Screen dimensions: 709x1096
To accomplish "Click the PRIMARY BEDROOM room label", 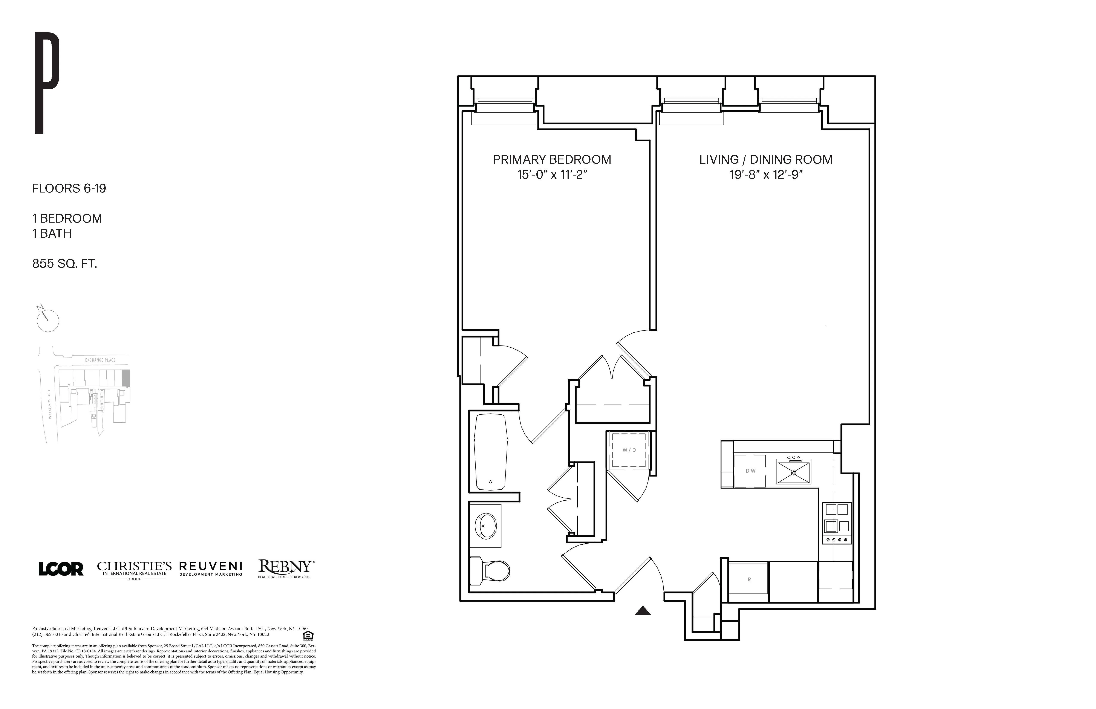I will point(552,160).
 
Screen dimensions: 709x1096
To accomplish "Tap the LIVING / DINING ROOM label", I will point(765,160).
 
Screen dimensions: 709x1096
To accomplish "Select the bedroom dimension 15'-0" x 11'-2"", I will point(552,175).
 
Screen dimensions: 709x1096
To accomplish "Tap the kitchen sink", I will point(793,472).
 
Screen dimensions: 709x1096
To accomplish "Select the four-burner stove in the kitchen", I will point(837,523).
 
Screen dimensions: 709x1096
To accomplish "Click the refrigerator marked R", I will point(749,580).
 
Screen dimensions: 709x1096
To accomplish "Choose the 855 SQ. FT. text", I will point(64,264).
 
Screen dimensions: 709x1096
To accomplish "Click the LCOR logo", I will point(61,569).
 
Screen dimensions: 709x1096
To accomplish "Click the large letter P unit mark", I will point(47,83).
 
